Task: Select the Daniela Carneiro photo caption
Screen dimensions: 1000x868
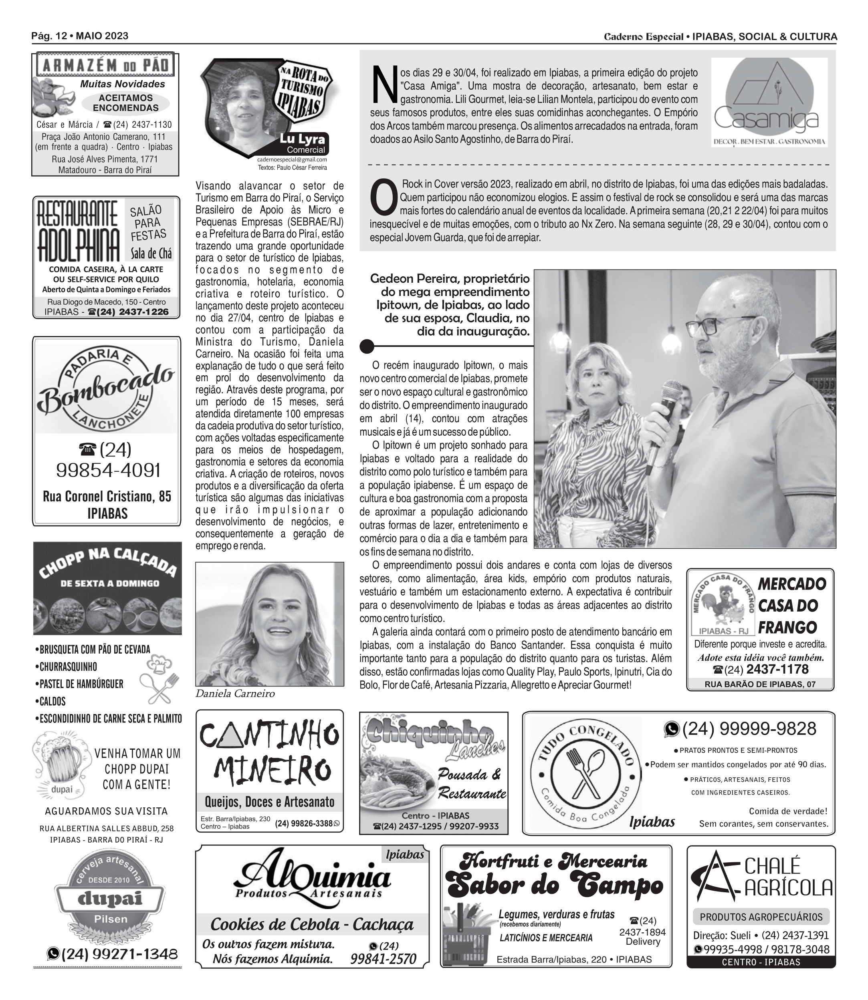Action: tap(235, 694)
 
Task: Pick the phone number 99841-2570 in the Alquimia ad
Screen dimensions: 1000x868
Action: tap(383, 959)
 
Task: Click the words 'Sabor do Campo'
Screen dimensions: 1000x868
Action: tap(554, 886)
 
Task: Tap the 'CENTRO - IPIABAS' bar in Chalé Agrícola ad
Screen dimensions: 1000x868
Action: tap(761, 962)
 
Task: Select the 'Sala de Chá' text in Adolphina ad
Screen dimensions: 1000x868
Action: tap(151, 254)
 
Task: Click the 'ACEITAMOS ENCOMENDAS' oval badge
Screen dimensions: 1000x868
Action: tap(125, 103)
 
